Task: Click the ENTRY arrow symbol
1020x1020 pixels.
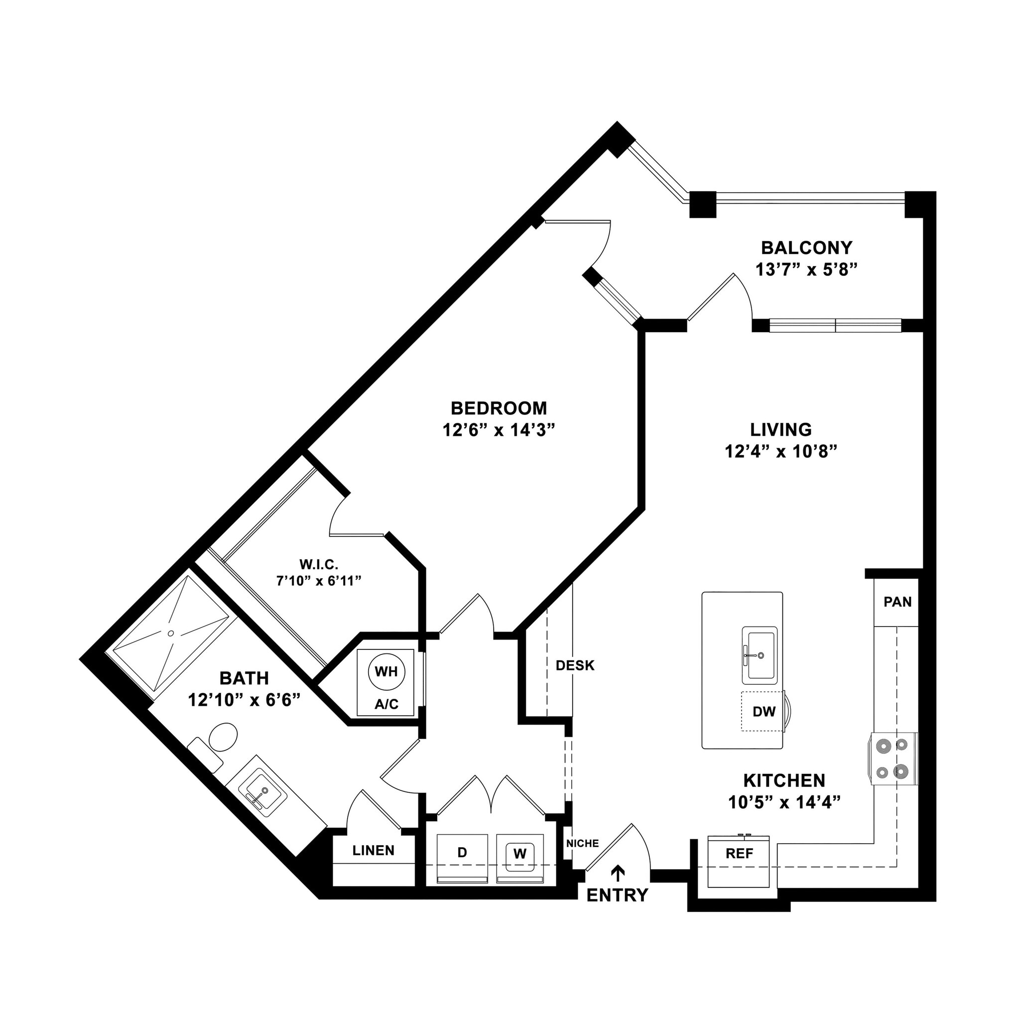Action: click(x=617, y=873)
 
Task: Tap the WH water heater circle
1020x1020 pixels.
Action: click(x=386, y=672)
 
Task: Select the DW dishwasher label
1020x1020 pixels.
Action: click(x=764, y=712)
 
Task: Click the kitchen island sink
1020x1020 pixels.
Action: click(x=759, y=654)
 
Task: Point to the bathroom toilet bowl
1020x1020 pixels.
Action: click(x=223, y=738)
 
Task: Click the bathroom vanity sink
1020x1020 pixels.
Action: click(x=262, y=791)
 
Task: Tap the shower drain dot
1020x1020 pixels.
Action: click(x=170, y=633)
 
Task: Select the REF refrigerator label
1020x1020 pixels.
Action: click(x=739, y=853)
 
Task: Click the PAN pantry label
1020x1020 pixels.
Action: click(x=897, y=602)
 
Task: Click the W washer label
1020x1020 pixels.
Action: click(x=519, y=853)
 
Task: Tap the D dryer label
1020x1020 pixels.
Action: click(x=462, y=852)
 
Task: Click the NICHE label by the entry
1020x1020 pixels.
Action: click(x=582, y=844)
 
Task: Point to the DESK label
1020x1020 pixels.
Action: click(x=575, y=665)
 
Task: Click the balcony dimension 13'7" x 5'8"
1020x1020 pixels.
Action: click(x=806, y=269)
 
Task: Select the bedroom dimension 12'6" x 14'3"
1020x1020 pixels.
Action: click(x=499, y=430)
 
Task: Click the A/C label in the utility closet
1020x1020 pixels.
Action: click(x=386, y=704)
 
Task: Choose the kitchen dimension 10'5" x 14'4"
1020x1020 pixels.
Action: click(x=784, y=802)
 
